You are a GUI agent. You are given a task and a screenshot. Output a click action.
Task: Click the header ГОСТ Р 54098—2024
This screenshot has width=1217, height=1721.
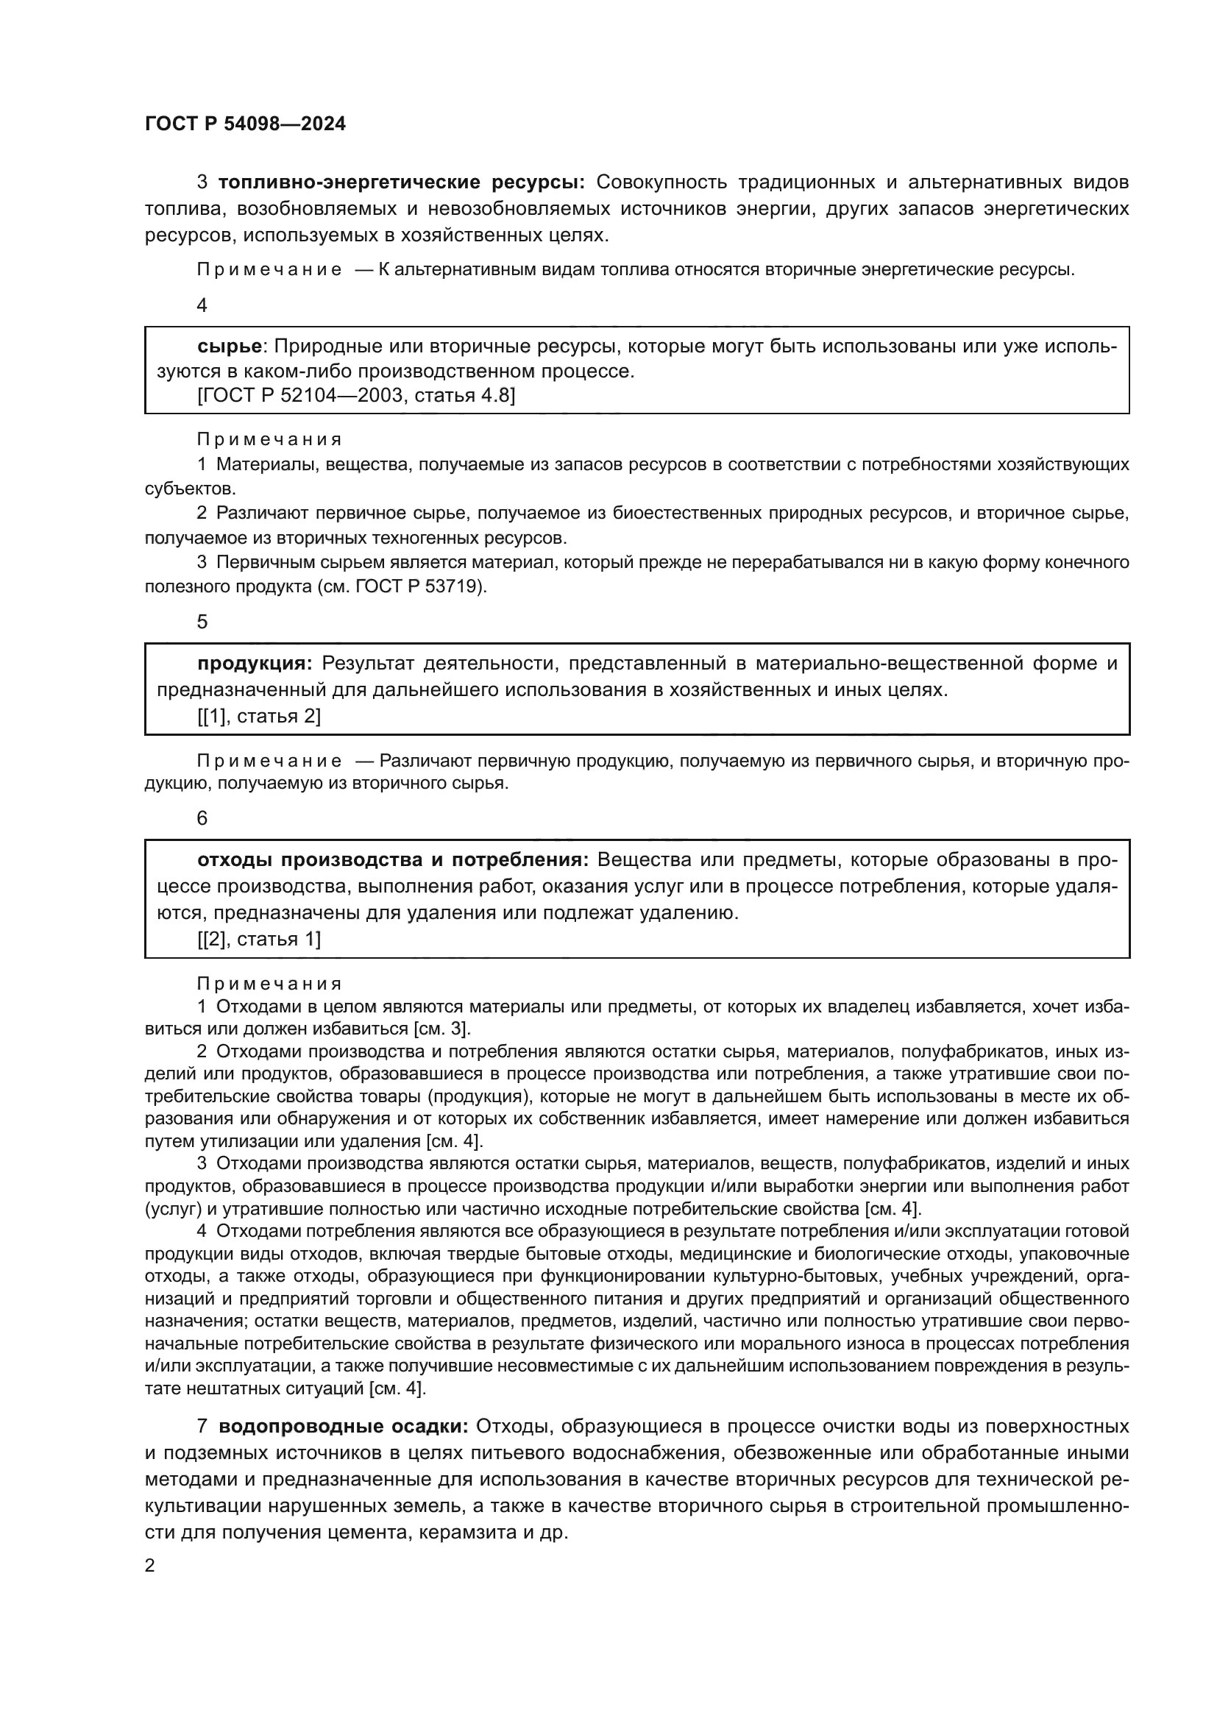245,124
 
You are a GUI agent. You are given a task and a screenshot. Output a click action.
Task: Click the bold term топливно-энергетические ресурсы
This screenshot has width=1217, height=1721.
401,182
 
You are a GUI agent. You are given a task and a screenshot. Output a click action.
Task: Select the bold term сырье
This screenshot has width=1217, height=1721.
230,347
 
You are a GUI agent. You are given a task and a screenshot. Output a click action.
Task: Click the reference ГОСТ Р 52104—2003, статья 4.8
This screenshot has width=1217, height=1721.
356,395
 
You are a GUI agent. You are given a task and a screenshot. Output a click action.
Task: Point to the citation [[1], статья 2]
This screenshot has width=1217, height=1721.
258,716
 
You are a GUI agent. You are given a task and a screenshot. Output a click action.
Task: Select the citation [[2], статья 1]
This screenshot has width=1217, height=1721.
258,938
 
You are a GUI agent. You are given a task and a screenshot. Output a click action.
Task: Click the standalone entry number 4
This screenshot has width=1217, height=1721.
202,305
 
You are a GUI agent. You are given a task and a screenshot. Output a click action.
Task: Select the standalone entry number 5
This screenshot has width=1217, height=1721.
202,622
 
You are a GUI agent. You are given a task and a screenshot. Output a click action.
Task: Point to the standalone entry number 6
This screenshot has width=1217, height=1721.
202,817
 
